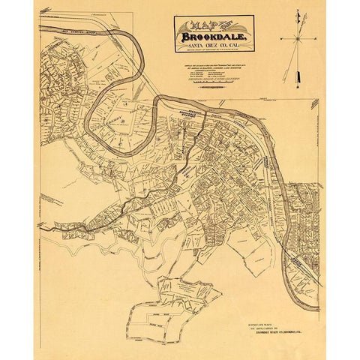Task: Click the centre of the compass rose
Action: click(297, 37)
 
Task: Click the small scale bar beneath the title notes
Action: click(214, 83)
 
